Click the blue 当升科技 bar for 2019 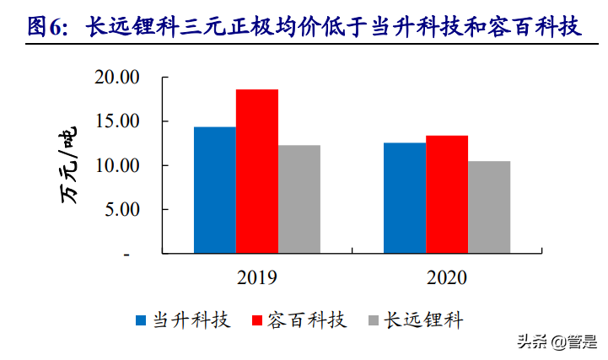click(x=214, y=190)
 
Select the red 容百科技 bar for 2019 click(x=257, y=171)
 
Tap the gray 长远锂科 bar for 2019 click(x=299, y=199)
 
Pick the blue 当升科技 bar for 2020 click(x=405, y=198)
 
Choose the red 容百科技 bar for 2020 click(x=447, y=194)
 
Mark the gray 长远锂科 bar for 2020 click(x=489, y=207)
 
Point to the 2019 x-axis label click(x=257, y=277)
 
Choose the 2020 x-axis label click(x=447, y=277)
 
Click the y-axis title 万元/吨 click(x=69, y=165)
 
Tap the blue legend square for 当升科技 click(x=142, y=320)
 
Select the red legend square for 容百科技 click(x=258, y=320)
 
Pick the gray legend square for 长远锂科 click(x=374, y=320)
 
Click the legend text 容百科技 click(x=307, y=320)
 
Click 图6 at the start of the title click(x=46, y=27)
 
